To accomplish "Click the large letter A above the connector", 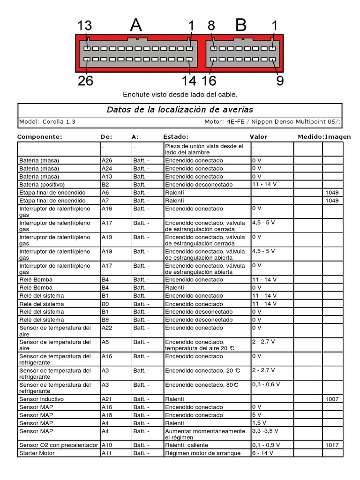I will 135,25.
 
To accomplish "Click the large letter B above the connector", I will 240,25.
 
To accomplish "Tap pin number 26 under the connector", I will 85,81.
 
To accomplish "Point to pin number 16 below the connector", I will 209,81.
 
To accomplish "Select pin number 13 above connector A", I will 85,26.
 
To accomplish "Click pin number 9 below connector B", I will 280,81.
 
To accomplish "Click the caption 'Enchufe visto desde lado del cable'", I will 180,95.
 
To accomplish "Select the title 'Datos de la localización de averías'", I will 180,110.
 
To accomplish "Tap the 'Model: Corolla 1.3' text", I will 47,121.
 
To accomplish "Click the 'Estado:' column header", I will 176,137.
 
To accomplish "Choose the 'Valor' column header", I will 258,137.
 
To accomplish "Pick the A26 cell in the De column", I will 107,160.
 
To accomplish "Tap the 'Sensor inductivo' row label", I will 42,399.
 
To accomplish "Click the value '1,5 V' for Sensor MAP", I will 259,423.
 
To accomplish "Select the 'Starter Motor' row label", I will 37,453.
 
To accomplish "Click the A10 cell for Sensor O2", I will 107,445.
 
